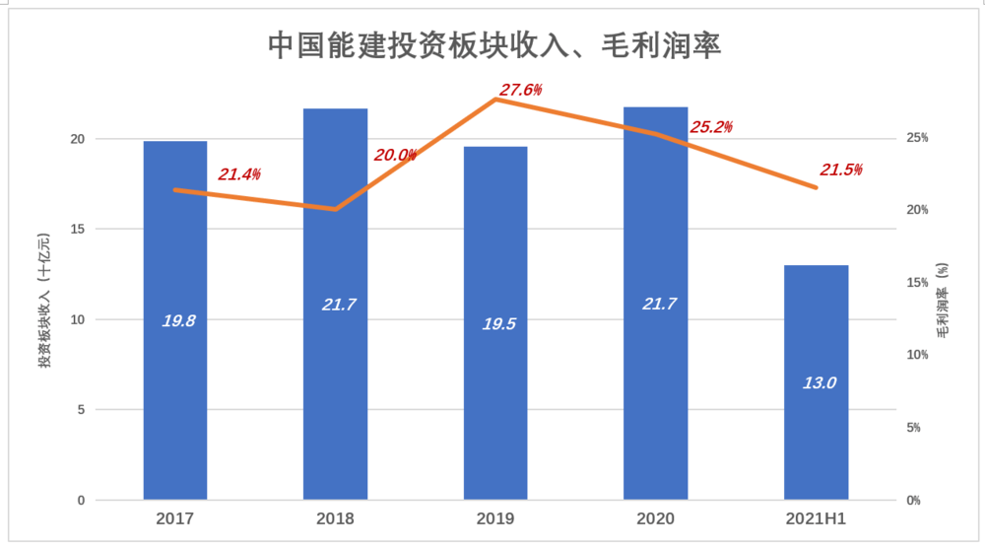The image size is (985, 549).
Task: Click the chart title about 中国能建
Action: [x=494, y=46]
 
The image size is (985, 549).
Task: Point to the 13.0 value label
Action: [x=818, y=382]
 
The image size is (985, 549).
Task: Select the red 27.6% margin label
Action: [x=520, y=91]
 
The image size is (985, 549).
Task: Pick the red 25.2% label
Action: [x=711, y=127]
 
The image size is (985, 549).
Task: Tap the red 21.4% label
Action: [x=239, y=174]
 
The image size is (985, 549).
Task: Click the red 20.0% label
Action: [x=396, y=155]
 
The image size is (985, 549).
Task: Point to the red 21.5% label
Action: [x=840, y=171]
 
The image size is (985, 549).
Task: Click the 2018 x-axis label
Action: [x=335, y=517]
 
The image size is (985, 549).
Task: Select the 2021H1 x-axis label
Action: [x=816, y=517]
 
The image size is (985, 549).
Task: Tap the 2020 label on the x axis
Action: [x=655, y=517]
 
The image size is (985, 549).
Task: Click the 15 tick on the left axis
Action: [x=77, y=230]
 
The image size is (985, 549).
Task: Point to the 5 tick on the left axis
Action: [x=81, y=410]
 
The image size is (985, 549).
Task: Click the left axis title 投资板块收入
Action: [x=44, y=302]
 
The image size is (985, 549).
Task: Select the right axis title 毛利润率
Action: [x=943, y=302]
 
